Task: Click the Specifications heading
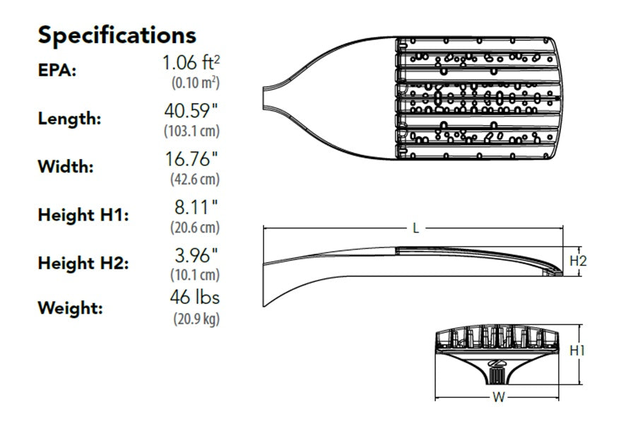tap(117, 35)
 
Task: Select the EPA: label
tap(57, 70)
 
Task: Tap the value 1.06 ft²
tap(191, 63)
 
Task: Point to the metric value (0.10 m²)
tap(196, 83)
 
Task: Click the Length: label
tap(69, 119)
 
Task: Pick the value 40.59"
tap(191, 111)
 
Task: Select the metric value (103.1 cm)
tap(191, 131)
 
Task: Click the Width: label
tap(66, 167)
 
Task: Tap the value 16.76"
tap(192, 159)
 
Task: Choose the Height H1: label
tap(83, 215)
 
